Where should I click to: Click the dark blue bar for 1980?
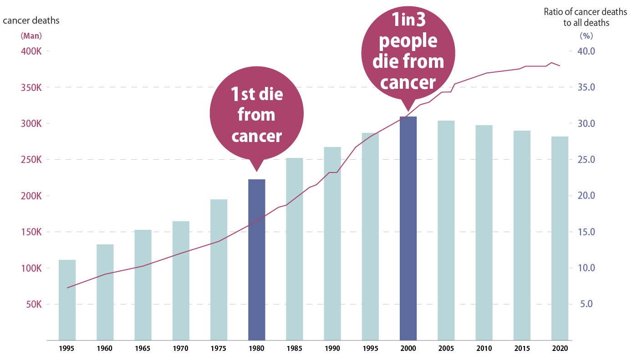(256, 259)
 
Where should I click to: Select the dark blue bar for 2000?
(408, 228)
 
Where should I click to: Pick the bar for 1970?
(181, 280)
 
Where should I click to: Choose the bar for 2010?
(484, 233)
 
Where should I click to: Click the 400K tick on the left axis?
(31, 51)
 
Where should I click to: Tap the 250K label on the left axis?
(31, 160)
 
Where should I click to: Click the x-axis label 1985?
(295, 349)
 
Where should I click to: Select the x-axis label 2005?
(446, 349)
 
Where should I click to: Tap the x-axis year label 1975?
(219, 349)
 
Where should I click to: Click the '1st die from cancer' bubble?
(256, 114)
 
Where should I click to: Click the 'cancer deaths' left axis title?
(31, 20)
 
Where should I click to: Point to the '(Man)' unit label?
(31, 35)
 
